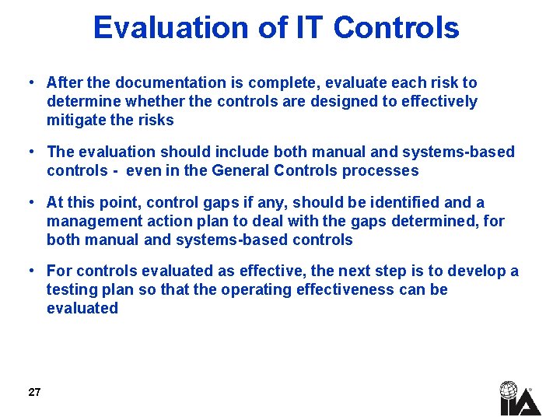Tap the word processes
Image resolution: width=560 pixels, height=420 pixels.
(x=385, y=170)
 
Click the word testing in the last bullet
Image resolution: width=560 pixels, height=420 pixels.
(x=72, y=289)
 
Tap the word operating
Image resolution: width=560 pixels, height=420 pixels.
(x=252, y=289)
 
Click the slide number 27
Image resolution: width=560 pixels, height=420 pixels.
(x=34, y=392)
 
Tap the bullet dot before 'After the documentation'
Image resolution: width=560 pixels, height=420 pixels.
(x=29, y=82)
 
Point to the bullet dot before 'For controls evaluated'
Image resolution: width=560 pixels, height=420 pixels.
(x=29, y=271)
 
